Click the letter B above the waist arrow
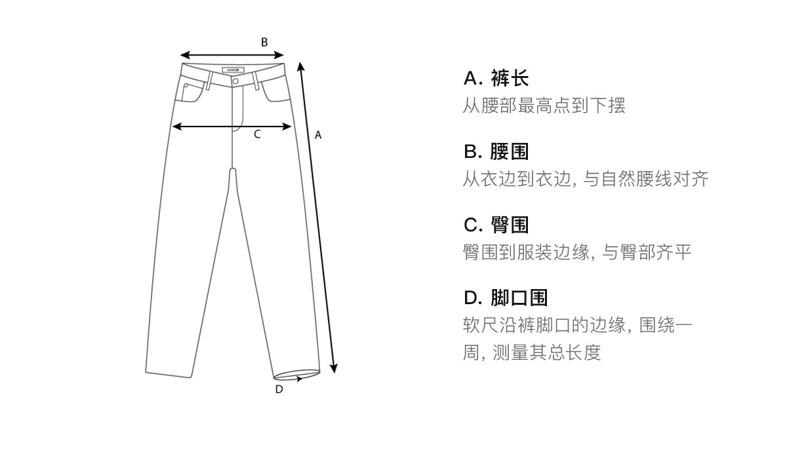click(x=264, y=42)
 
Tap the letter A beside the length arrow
click(x=318, y=135)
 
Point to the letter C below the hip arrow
click(x=257, y=134)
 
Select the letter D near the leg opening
click(x=279, y=389)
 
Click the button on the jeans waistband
click(x=235, y=81)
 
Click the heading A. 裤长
click(x=496, y=79)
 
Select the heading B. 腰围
click(x=496, y=152)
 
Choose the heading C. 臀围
click(x=496, y=225)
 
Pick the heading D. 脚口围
click(x=505, y=298)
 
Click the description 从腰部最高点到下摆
click(x=544, y=106)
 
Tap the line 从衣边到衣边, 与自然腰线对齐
click(x=585, y=179)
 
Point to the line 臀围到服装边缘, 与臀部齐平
click(x=576, y=252)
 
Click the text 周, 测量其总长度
click(x=531, y=353)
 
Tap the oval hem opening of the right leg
click(x=296, y=376)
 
